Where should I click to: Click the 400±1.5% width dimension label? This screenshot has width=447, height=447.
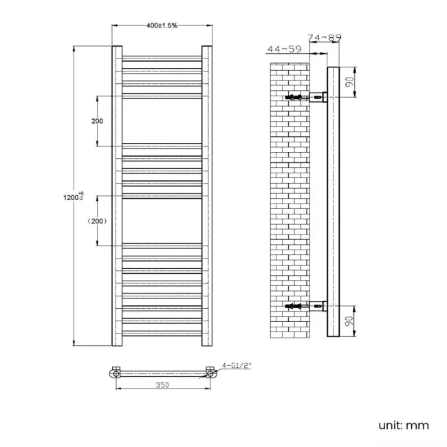[162, 25]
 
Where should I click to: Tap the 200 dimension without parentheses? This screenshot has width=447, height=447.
[96, 121]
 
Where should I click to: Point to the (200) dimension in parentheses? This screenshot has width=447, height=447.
[96, 221]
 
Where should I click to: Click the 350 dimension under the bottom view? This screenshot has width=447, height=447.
[162, 386]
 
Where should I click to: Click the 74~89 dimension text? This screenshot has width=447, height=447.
[325, 38]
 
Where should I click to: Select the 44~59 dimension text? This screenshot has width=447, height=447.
[284, 49]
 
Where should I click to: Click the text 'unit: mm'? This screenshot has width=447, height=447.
[403, 425]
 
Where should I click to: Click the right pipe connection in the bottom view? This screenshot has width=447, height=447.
[210, 374]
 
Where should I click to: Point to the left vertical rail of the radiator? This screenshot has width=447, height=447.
[117, 196]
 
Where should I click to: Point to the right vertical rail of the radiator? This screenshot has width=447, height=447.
[207, 196]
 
